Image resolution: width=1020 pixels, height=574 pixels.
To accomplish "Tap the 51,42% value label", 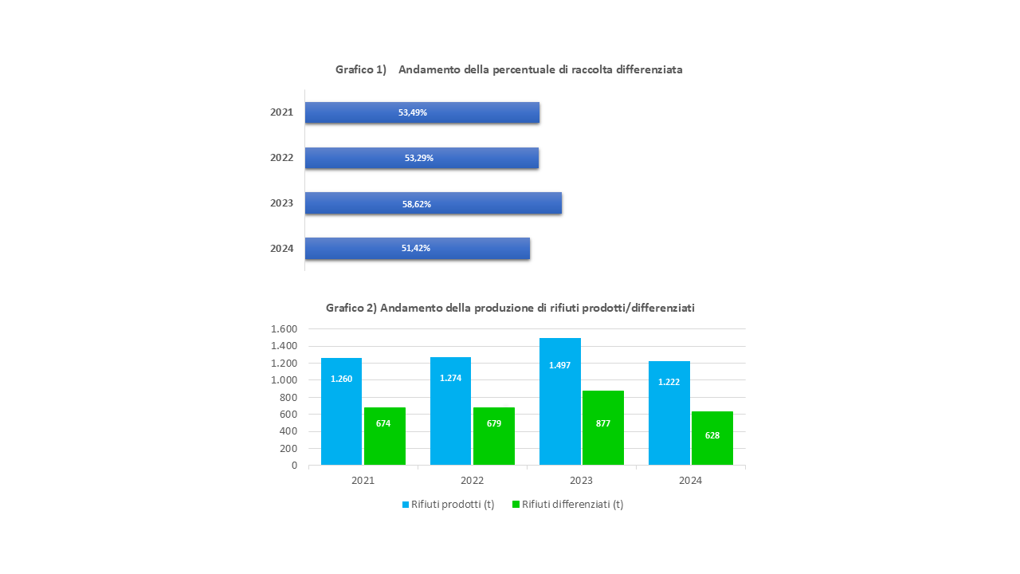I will click(415, 248).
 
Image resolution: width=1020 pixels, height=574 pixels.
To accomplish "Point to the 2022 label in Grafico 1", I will click(281, 158).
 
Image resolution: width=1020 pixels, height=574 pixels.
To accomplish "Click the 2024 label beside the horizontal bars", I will click(281, 249).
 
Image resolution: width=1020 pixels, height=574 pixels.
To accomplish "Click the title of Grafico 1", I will click(508, 69).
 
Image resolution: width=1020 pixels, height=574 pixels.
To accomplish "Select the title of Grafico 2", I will click(510, 308).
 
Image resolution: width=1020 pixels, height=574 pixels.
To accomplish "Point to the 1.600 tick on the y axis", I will click(284, 329).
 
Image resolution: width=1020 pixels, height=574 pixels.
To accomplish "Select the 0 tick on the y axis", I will click(294, 466).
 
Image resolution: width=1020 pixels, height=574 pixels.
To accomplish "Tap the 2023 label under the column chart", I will click(581, 481).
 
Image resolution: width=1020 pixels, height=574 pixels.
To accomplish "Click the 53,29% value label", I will click(418, 158).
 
